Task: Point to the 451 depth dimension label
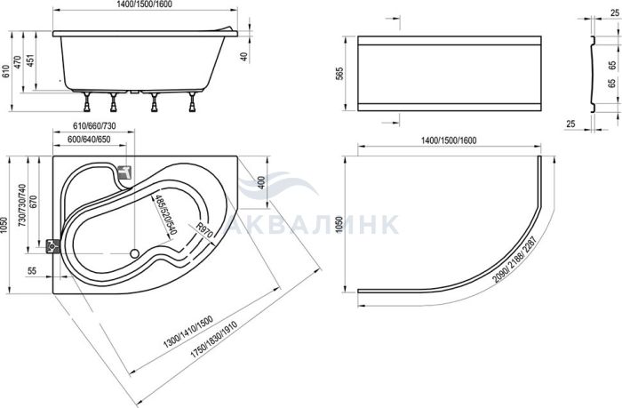click(x=30, y=60)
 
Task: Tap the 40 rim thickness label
click(x=244, y=57)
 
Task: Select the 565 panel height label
click(x=339, y=74)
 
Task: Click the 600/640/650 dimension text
click(x=89, y=140)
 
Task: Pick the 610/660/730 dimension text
click(x=95, y=126)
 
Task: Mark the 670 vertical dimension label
click(x=33, y=203)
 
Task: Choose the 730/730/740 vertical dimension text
click(x=22, y=205)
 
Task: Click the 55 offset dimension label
click(x=32, y=271)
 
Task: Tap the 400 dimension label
click(x=261, y=182)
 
